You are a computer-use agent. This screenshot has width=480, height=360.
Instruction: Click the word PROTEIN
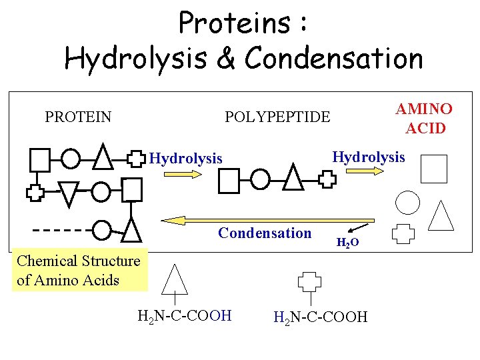pos(78,117)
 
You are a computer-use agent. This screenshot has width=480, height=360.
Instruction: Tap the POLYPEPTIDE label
pos(277,117)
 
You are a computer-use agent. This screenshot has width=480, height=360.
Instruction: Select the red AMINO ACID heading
pos(424,118)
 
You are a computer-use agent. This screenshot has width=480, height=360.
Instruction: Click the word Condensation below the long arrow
pos(265,233)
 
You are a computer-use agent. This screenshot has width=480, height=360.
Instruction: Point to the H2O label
pos(347,243)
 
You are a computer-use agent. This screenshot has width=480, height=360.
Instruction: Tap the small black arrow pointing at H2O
pos(360,226)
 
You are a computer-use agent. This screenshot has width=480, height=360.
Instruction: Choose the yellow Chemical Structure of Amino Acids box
pos(79,270)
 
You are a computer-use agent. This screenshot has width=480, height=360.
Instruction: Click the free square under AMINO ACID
pos(434,169)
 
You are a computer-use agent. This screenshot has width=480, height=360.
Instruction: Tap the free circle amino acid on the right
pos(408,202)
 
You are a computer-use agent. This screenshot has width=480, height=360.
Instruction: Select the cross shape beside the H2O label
pos(403,234)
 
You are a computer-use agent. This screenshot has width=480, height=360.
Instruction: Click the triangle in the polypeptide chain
pos(293,177)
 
